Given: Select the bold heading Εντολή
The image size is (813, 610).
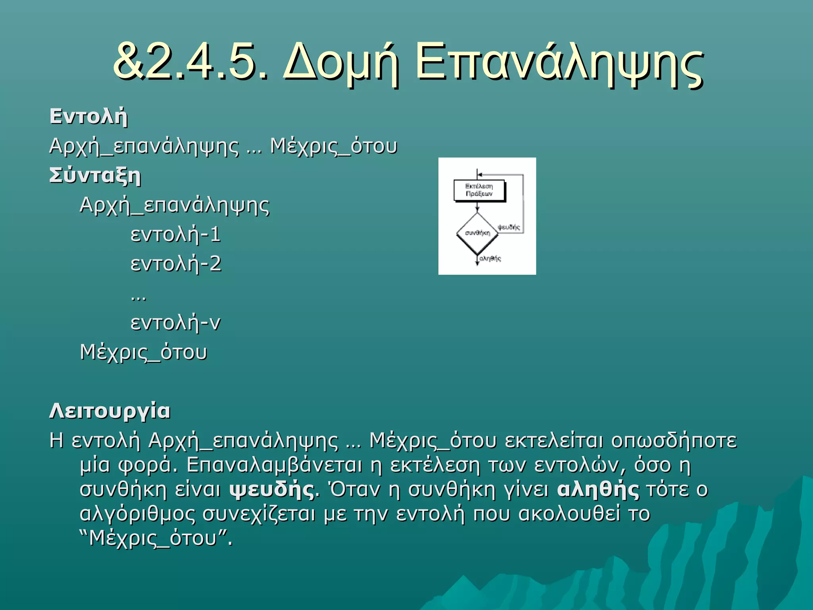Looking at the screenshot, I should click(89, 117).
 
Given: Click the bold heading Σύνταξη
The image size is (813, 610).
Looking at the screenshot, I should click(95, 176).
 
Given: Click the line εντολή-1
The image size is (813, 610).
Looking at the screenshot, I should click(175, 234).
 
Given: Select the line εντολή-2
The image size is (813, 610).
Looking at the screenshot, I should click(176, 264).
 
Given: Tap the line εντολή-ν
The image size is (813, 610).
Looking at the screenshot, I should click(175, 322).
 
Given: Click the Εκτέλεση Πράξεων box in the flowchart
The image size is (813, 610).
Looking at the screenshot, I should click(479, 190).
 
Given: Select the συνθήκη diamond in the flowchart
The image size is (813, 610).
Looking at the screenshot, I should click(477, 233).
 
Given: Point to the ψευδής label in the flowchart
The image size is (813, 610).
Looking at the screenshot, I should click(509, 227).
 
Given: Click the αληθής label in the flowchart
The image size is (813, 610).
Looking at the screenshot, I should click(490, 259).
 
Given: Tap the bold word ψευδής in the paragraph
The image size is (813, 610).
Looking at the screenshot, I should click(272, 489).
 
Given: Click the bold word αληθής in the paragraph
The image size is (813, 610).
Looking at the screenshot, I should click(598, 489).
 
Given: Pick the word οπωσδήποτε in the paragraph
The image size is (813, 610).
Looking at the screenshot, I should click(674, 440).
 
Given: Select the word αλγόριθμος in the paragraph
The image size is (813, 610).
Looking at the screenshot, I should click(137, 514).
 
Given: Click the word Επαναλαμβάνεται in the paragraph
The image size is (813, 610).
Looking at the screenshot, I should click(274, 465).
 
